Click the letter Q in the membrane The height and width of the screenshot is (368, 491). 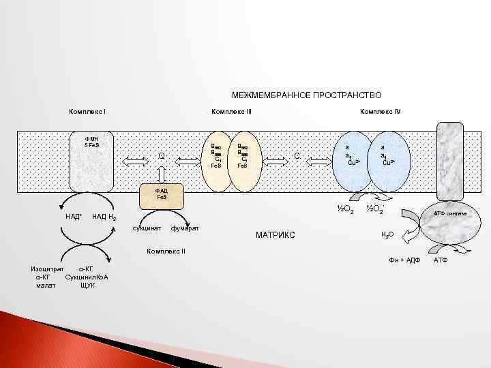pos(162,157)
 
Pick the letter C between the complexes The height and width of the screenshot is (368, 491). pos(297,157)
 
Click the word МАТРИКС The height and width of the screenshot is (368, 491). pos(276,235)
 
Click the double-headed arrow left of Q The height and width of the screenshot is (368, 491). pos(136,160)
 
